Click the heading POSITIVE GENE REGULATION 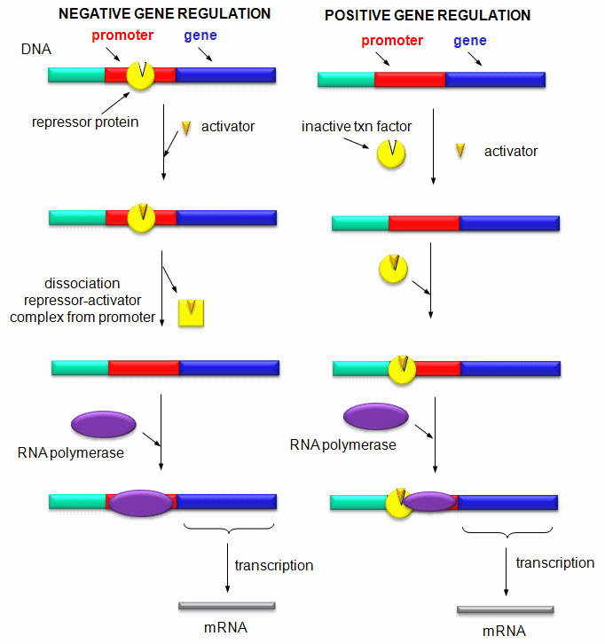428,16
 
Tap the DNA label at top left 35,50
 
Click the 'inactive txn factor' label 357,127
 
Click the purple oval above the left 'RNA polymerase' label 103,423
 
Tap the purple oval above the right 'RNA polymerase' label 375,416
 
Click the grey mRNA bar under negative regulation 227,606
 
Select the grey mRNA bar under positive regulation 506,610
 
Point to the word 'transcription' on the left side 274,565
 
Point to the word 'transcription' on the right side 555,562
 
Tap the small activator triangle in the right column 461,150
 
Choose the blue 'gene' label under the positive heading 469,42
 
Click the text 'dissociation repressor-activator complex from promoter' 82,301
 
